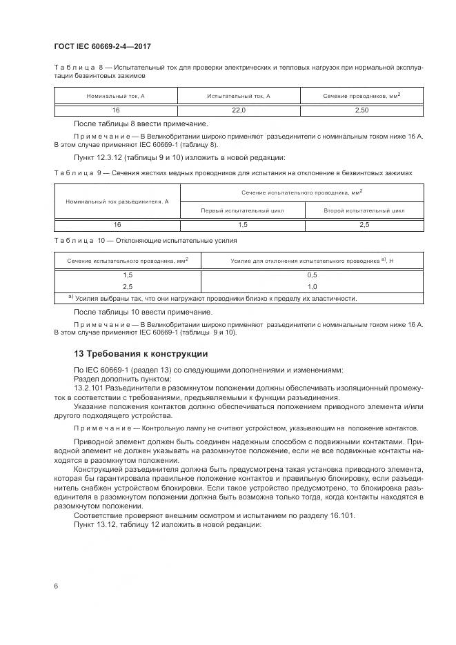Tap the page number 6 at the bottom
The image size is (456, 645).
coord(56,586)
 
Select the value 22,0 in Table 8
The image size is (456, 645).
coord(238,110)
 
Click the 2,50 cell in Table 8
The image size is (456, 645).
coord(361,110)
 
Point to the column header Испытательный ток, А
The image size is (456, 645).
coord(238,95)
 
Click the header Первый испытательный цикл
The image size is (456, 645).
coord(241,210)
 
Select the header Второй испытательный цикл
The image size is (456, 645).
coord(364,210)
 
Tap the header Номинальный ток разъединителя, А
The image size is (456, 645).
coord(117,201)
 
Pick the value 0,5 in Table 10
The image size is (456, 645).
coord(312,275)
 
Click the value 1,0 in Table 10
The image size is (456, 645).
coord(312,286)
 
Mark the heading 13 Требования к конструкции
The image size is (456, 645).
coord(141,353)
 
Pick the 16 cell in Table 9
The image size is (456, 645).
coord(117,224)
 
